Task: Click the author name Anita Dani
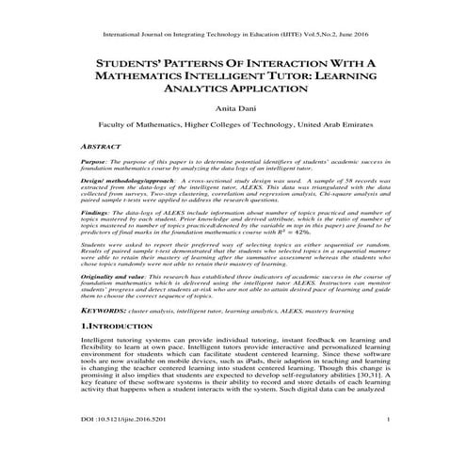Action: [x=233, y=109]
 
